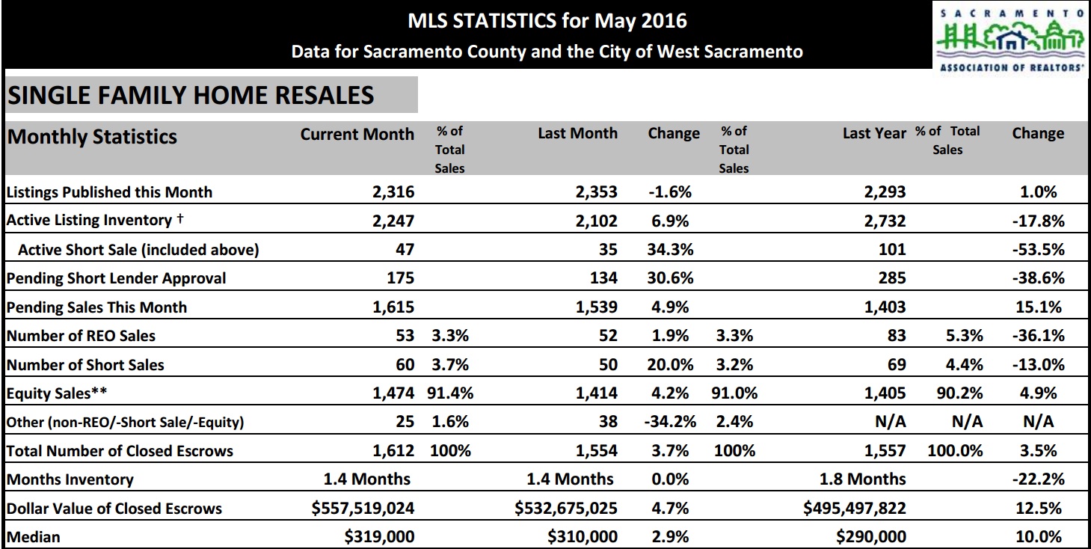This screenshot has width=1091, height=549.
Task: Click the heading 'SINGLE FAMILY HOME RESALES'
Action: point(191,95)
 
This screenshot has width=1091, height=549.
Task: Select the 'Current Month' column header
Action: point(357,135)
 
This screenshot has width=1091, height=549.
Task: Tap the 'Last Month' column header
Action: point(577,134)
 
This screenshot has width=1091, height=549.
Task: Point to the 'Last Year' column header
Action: point(873,134)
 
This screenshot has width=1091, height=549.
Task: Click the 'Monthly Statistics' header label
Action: point(92,137)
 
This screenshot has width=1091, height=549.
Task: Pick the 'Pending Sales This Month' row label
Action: point(97,307)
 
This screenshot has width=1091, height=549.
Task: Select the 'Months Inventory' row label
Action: point(70,479)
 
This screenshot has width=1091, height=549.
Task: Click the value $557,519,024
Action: point(363,509)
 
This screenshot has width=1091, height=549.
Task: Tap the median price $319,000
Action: point(380,537)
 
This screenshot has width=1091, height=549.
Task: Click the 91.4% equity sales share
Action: point(450,393)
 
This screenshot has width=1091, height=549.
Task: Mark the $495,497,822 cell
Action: point(854,509)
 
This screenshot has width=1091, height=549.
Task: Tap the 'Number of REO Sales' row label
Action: point(81,336)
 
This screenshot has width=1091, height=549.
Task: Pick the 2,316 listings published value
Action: point(393,192)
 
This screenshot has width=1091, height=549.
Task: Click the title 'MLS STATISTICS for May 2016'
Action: point(547,20)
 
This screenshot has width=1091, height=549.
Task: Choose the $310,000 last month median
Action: point(583,537)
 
